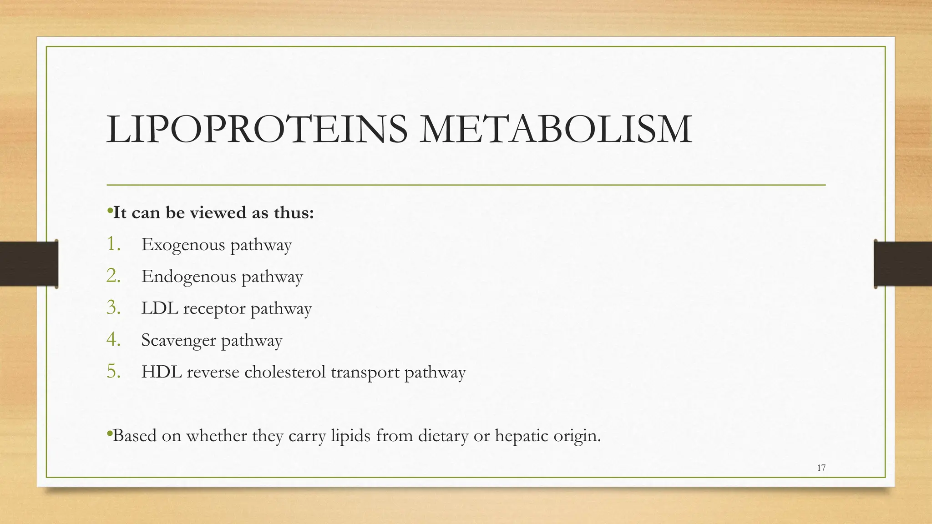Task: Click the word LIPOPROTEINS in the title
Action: point(257,130)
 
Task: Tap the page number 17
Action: point(821,468)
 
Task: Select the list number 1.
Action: point(113,244)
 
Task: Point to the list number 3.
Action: point(113,308)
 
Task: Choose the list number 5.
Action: point(113,372)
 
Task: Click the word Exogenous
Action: point(183,245)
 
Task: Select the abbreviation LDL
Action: point(160,308)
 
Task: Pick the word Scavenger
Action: point(178,341)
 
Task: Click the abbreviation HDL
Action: point(161,372)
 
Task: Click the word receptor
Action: point(214,309)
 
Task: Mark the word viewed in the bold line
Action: point(218,212)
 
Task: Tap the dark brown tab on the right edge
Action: point(903,264)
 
